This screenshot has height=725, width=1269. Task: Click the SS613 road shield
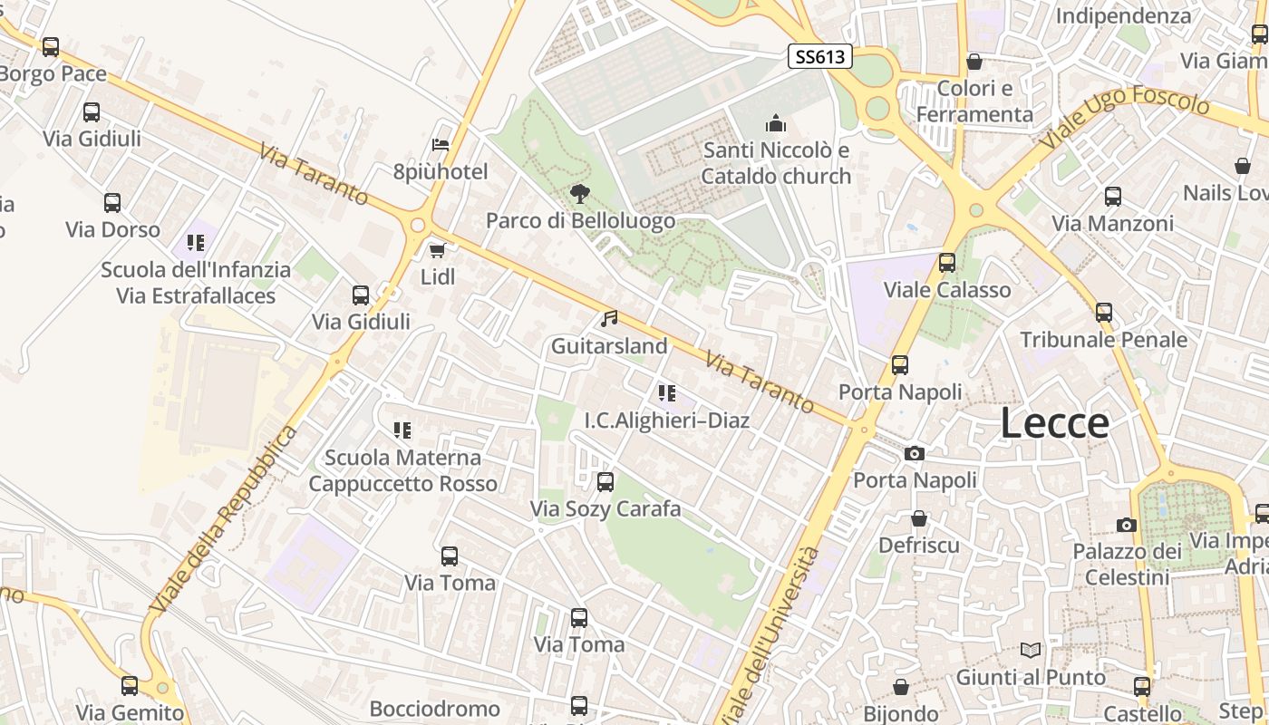click(x=820, y=57)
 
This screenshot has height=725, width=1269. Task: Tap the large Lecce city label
click(x=1055, y=423)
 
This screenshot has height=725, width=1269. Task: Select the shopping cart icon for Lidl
click(x=437, y=250)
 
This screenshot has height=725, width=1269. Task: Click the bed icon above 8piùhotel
click(x=441, y=145)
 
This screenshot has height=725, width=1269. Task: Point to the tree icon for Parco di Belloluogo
click(x=579, y=193)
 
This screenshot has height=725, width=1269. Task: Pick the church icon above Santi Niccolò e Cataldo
click(x=776, y=123)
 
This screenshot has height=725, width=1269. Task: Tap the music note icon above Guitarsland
click(x=609, y=319)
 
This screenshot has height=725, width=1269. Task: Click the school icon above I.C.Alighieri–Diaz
click(x=667, y=393)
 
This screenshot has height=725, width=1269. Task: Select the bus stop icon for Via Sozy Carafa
click(x=605, y=482)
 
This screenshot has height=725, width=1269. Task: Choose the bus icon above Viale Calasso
click(x=947, y=263)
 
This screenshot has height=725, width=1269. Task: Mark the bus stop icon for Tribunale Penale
click(x=1103, y=313)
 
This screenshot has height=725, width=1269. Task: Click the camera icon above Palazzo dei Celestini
click(x=1127, y=525)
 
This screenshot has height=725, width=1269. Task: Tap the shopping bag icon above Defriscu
click(x=919, y=518)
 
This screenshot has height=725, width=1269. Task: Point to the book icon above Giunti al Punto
click(x=1031, y=650)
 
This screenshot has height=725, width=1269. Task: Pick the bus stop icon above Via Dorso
click(x=112, y=203)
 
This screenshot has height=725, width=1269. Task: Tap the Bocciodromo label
click(x=434, y=709)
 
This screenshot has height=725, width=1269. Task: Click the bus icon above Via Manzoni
click(x=1112, y=196)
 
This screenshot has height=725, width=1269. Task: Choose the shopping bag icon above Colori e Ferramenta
click(x=974, y=62)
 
